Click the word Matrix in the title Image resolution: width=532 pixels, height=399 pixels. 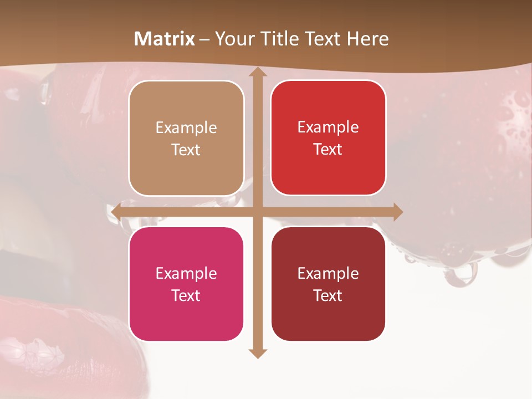[165, 39]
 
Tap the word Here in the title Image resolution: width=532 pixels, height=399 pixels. [367, 39]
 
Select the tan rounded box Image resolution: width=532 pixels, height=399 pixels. [186, 138]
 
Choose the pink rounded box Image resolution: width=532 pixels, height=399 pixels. [186, 284]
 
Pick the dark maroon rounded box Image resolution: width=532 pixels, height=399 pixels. [328, 284]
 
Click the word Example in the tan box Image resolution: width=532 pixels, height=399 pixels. [186, 128]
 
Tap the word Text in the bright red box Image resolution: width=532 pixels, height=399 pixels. [328, 150]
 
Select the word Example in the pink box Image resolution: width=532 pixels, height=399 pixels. [186, 274]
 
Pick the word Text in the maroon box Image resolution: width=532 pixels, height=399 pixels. [328, 295]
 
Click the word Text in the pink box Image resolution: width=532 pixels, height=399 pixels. [186, 295]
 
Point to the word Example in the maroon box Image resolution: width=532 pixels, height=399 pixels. [328, 274]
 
